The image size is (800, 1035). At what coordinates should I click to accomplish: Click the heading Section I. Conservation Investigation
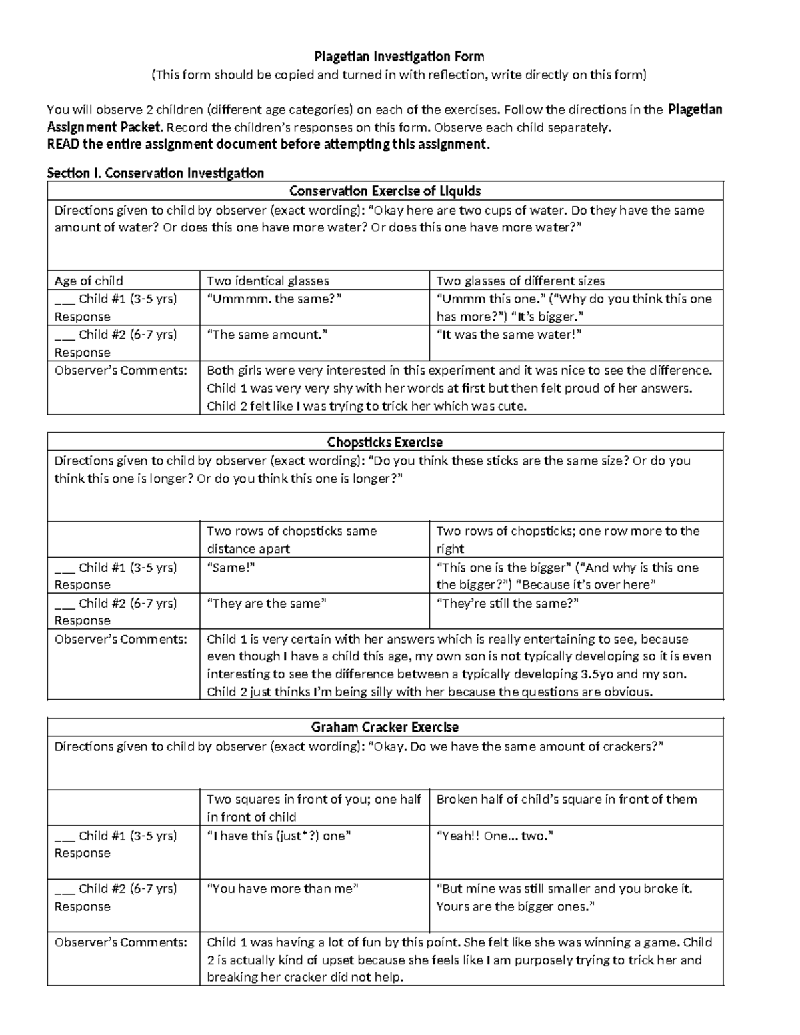155,173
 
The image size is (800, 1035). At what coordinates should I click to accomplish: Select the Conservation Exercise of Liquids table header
385,191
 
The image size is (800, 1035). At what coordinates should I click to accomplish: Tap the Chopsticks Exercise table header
385,442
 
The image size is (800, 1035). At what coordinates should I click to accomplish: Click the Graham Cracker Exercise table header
385,727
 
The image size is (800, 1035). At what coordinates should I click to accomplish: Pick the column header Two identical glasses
268,281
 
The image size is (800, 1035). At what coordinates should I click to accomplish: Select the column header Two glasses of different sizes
520,281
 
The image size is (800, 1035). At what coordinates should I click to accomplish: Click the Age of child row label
89,281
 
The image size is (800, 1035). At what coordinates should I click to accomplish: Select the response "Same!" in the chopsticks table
231,568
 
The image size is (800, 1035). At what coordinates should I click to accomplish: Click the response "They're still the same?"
507,604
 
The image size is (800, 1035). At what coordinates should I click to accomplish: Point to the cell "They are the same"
267,604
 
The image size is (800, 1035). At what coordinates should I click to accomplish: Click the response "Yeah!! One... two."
495,836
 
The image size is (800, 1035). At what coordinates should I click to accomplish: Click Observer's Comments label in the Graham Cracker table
121,942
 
